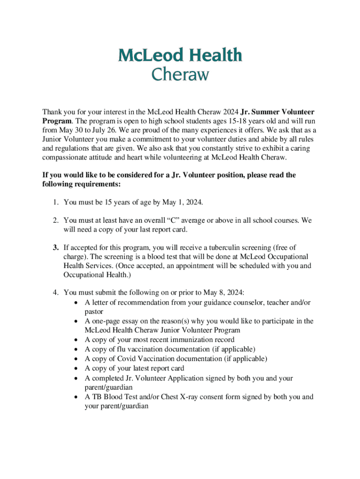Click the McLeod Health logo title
(x=180, y=56)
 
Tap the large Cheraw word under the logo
(x=180, y=75)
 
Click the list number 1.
(x=55, y=202)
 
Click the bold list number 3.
(x=55, y=247)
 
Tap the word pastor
(x=94, y=311)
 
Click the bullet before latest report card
(x=76, y=368)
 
